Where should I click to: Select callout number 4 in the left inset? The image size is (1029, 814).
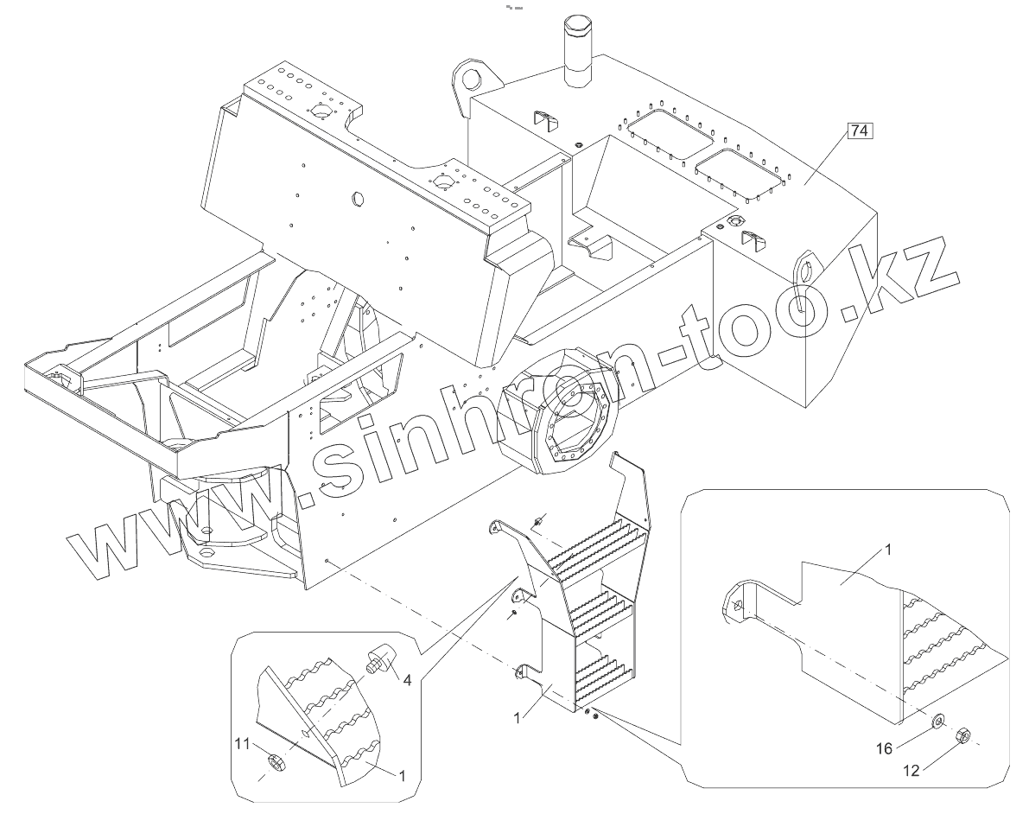[x=405, y=679]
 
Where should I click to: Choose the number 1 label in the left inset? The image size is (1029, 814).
[x=402, y=775]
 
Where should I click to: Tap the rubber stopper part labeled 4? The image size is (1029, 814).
[x=381, y=657]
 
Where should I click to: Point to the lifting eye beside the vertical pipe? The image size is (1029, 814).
[x=473, y=79]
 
